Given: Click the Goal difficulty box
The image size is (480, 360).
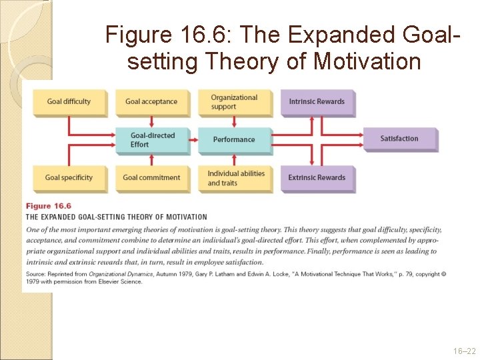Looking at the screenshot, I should point(69,102).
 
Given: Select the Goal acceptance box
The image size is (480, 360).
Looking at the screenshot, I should point(151,102).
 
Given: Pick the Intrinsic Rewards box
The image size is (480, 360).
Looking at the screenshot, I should point(317,102).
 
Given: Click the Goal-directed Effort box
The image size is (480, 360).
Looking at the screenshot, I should point(151,139).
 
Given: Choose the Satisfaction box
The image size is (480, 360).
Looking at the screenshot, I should point(399,139).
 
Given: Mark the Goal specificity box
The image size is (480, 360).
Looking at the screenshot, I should point(69,178).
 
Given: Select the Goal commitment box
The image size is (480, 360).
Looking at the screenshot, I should point(151,178).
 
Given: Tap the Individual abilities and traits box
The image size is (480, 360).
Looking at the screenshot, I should point(235,178).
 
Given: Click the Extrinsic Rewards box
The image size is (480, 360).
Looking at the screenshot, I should point(317,178).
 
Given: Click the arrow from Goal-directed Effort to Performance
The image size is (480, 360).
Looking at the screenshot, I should point(193,140).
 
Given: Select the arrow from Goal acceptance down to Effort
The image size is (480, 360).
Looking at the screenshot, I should point(152,121).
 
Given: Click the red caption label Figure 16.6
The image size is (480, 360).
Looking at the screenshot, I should point(49,206).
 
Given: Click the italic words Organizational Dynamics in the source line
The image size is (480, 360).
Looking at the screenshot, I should point(117,274).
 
